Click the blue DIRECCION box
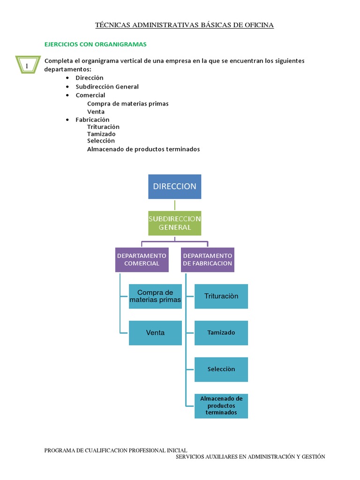175,187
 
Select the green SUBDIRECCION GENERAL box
175,223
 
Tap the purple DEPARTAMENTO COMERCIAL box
142,260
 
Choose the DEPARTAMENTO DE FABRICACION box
208,260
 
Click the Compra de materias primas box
155,296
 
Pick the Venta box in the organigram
155,333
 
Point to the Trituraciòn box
221,296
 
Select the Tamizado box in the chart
221,333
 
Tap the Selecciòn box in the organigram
221,369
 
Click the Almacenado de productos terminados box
221,406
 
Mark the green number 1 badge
27,66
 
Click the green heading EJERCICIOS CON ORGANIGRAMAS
96,44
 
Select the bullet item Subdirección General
107,87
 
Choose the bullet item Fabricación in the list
92,120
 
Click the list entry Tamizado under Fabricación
101,134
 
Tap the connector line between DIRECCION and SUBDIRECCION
175,205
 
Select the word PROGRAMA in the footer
60,450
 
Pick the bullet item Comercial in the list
90,95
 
